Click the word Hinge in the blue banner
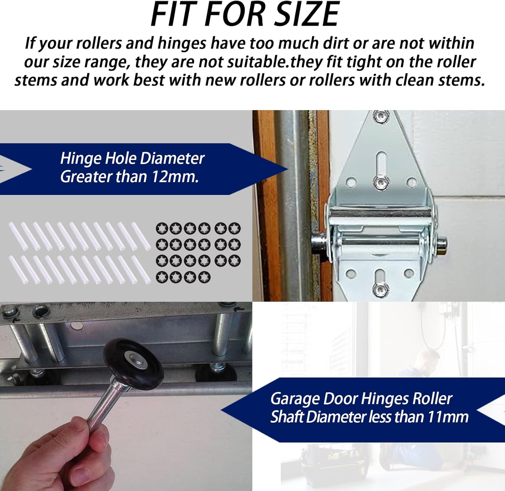[81, 158]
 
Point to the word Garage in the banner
[295, 399]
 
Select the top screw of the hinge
[382, 117]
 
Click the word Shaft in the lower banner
[287, 417]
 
